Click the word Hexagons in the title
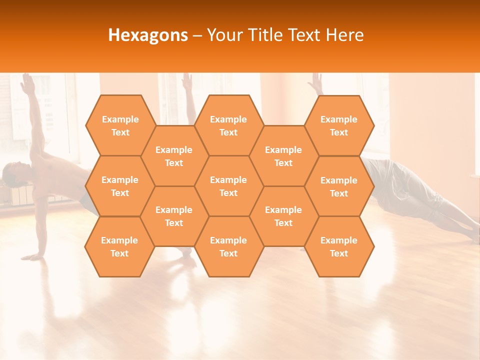(x=148, y=35)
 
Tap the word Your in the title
(x=222, y=35)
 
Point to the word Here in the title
(x=344, y=35)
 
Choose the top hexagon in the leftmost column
(x=120, y=125)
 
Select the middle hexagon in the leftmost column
(x=120, y=186)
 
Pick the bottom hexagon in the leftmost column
(x=119, y=246)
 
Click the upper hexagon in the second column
(x=174, y=156)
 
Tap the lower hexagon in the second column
(x=174, y=216)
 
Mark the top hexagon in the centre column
(x=228, y=125)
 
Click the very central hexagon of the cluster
(x=228, y=186)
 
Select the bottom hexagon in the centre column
(x=228, y=246)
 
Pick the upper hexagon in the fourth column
(x=283, y=156)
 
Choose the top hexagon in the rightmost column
(x=339, y=125)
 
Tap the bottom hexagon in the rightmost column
(x=339, y=246)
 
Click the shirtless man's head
(x=12, y=173)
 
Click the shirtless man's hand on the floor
(x=33, y=257)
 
